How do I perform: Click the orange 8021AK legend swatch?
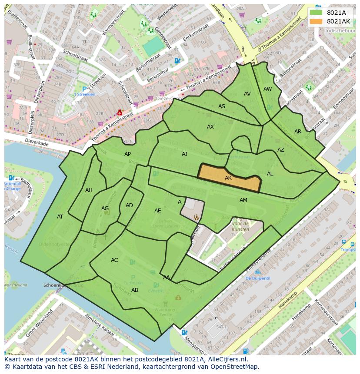coord(317,21)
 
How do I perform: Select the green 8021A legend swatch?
coord(317,13)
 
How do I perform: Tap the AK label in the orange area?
coord(228,178)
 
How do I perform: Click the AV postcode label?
coord(247,94)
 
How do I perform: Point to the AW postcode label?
coord(268,89)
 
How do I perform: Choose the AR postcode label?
coord(298,132)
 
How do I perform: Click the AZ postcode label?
coord(281,150)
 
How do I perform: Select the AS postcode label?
coord(222,106)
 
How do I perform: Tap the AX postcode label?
coord(210,127)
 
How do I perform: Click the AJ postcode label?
coord(185,154)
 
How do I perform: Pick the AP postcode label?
coord(127,154)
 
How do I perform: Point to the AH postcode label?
coord(89,190)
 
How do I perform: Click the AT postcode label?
coord(60,217)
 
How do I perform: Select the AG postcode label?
coord(105,209)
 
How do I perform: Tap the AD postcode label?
coord(129,205)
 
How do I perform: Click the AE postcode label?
coord(158,211)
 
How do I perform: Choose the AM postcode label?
coord(243,200)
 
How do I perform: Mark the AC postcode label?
coord(114,260)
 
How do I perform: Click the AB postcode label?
coord(135,290)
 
